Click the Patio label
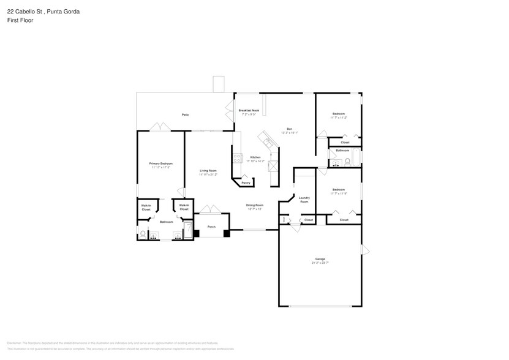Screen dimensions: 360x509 [x=184, y=114]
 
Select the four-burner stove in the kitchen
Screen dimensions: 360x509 [x=236, y=157]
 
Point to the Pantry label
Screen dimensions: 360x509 [x=246, y=183]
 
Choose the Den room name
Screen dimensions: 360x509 [x=289, y=129]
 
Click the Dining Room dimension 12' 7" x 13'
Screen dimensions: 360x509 [x=255, y=209]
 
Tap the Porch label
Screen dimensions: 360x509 [x=211, y=227]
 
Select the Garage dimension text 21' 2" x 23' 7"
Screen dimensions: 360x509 [x=320, y=263]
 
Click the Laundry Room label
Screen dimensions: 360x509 [x=304, y=199]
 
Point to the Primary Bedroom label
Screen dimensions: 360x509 [x=160, y=163]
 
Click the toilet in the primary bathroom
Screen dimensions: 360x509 [x=143, y=233]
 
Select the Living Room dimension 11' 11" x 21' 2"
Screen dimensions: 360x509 [x=208, y=174]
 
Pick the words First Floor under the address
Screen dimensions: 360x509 [x=21, y=20]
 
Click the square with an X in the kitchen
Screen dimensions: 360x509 [x=274, y=165]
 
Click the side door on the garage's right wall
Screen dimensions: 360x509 [x=366, y=250]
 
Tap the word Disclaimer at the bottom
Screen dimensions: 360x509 [x=15, y=343]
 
